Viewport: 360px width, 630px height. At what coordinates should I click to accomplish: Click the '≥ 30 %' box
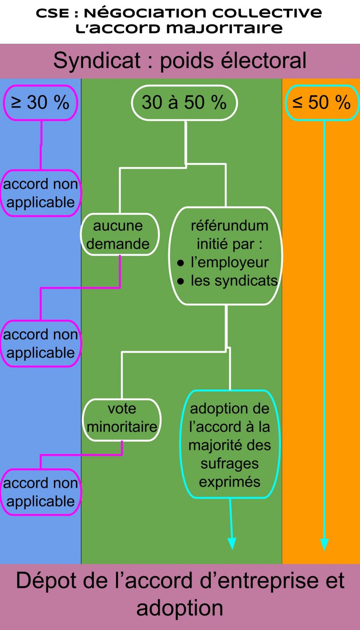pos(40,103)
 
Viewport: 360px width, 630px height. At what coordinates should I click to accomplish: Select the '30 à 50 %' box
pos(184,103)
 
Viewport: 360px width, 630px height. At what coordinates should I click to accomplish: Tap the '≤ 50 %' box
pos(322,103)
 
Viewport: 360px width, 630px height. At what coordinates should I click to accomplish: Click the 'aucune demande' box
pos(119,235)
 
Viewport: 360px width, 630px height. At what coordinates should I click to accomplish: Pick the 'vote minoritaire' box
pos(122,418)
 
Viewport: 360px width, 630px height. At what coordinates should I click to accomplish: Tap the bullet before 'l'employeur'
pos(180,263)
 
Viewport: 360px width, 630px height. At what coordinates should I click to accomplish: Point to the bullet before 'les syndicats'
pos(180,281)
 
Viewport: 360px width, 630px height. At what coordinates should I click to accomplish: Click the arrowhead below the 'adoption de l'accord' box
pos(232,544)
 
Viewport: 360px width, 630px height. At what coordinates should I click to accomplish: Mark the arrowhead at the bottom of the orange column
pos(324,544)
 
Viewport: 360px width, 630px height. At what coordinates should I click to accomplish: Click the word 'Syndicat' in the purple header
pos(97,61)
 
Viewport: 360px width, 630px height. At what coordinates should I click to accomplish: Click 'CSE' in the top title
pos(52,13)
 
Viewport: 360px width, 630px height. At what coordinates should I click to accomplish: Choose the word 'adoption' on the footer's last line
pos(180,608)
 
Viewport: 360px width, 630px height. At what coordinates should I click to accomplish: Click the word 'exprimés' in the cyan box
pos(230,482)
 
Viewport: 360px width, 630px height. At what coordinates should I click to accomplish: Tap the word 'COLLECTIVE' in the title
pos(267,13)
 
